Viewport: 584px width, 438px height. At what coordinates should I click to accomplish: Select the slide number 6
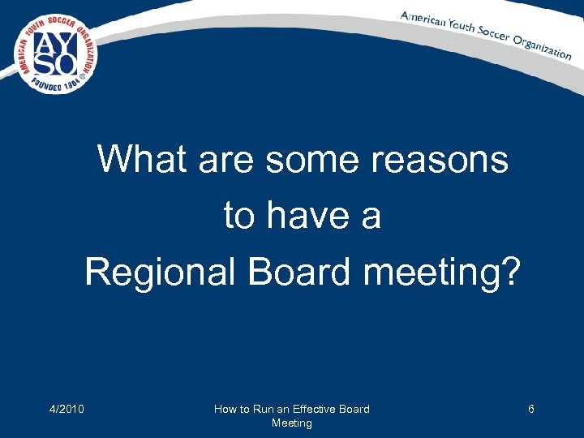(530, 409)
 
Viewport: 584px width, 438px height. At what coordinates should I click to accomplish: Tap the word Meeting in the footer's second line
(291, 423)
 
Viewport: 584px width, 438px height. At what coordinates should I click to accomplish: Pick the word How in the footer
(225, 409)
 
